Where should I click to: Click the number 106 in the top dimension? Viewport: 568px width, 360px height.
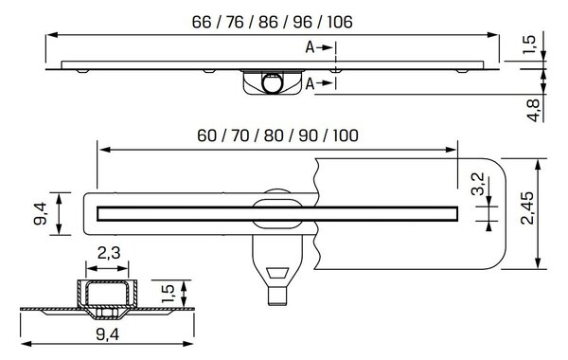(340, 22)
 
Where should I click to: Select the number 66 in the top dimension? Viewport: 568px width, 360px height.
(202, 22)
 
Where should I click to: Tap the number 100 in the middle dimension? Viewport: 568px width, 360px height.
(346, 135)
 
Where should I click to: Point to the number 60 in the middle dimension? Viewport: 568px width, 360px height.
(206, 135)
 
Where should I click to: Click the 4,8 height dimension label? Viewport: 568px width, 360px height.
(534, 110)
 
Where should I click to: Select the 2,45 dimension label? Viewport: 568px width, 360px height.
(527, 208)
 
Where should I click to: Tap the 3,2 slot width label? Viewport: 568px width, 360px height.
(478, 184)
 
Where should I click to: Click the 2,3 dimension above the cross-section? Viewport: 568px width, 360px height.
(109, 253)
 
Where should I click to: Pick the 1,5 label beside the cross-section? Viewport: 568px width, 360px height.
(169, 294)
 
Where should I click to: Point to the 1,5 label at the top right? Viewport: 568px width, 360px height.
(529, 45)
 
